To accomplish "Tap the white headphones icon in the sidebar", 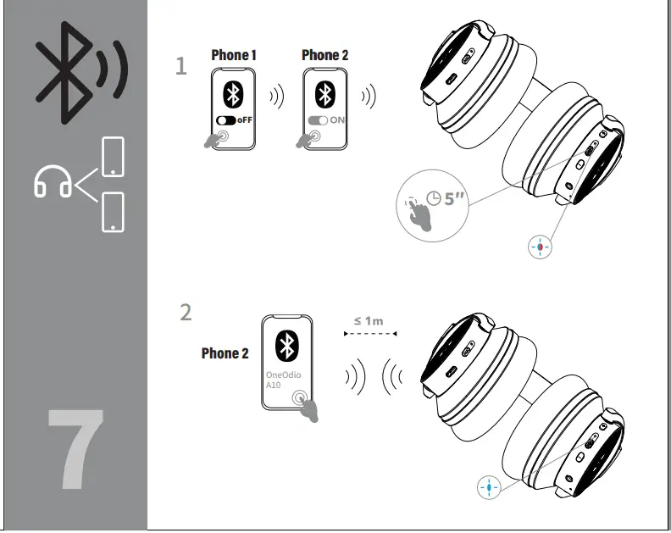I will pyautogui.click(x=53, y=181).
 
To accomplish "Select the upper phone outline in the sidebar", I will pyautogui.click(x=112, y=158).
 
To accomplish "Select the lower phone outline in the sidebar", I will pyautogui.click(x=112, y=211).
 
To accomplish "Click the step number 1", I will pyautogui.click(x=180, y=67).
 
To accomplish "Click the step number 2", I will pyautogui.click(x=186, y=313).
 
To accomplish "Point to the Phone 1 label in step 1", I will pyautogui.click(x=234, y=55).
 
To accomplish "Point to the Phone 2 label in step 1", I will pyautogui.click(x=325, y=55).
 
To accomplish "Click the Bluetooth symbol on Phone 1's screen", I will pyautogui.click(x=231, y=93).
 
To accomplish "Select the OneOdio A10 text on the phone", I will pyautogui.click(x=283, y=379).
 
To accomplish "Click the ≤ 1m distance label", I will pyautogui.click(x=369, y=320).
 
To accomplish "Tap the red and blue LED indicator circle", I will pyautogui.click(x=539, y=247).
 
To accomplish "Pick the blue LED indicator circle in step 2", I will pyautogui.click(x=489, y=487).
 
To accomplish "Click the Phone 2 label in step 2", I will pyautogui.click(x=225, y=353).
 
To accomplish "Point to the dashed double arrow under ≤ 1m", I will pyautogui.click(x=369, y=334).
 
